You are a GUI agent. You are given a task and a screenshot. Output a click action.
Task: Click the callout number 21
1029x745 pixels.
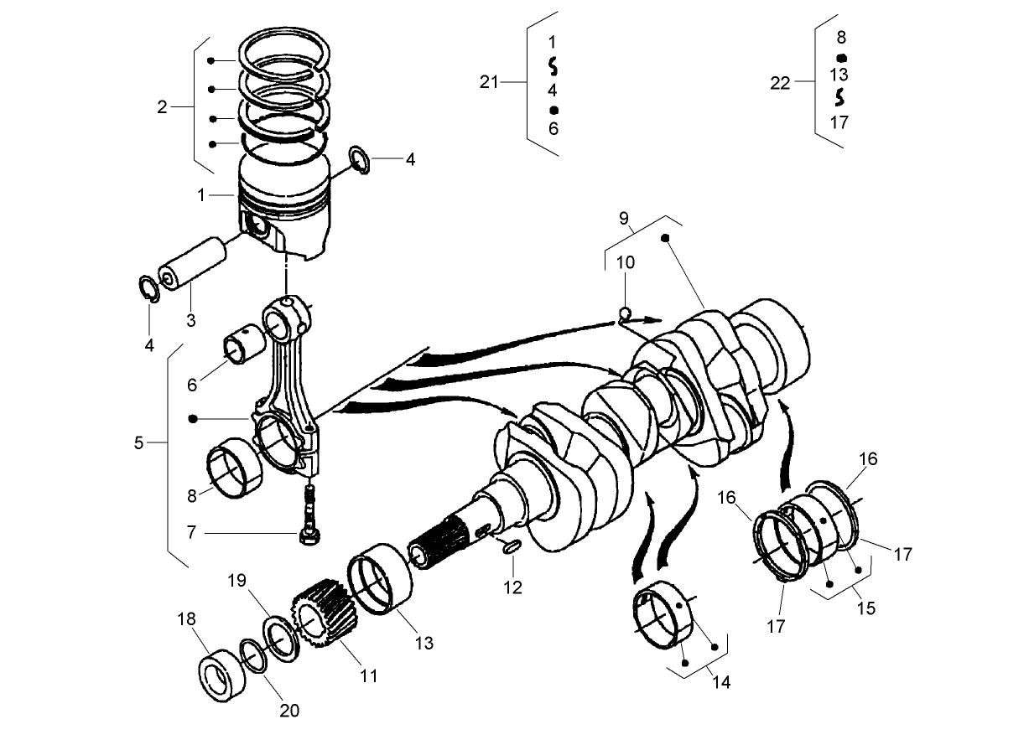[x=489, y=81]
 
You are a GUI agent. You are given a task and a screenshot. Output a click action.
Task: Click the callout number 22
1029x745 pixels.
[x=780, y=83]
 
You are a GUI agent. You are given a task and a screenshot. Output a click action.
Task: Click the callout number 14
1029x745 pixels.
[x=721, y=682]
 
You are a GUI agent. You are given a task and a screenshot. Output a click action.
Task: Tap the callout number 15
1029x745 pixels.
[x=865, y=608]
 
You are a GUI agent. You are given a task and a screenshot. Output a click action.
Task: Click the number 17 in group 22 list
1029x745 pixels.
[x=839, y=122]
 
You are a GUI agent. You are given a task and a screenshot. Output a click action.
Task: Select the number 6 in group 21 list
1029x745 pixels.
[x=553, y=128]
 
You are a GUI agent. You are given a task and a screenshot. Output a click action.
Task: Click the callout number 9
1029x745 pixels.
[x=625, y=220]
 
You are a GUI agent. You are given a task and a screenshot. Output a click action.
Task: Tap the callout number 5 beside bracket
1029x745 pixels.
[x=138, y=442]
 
